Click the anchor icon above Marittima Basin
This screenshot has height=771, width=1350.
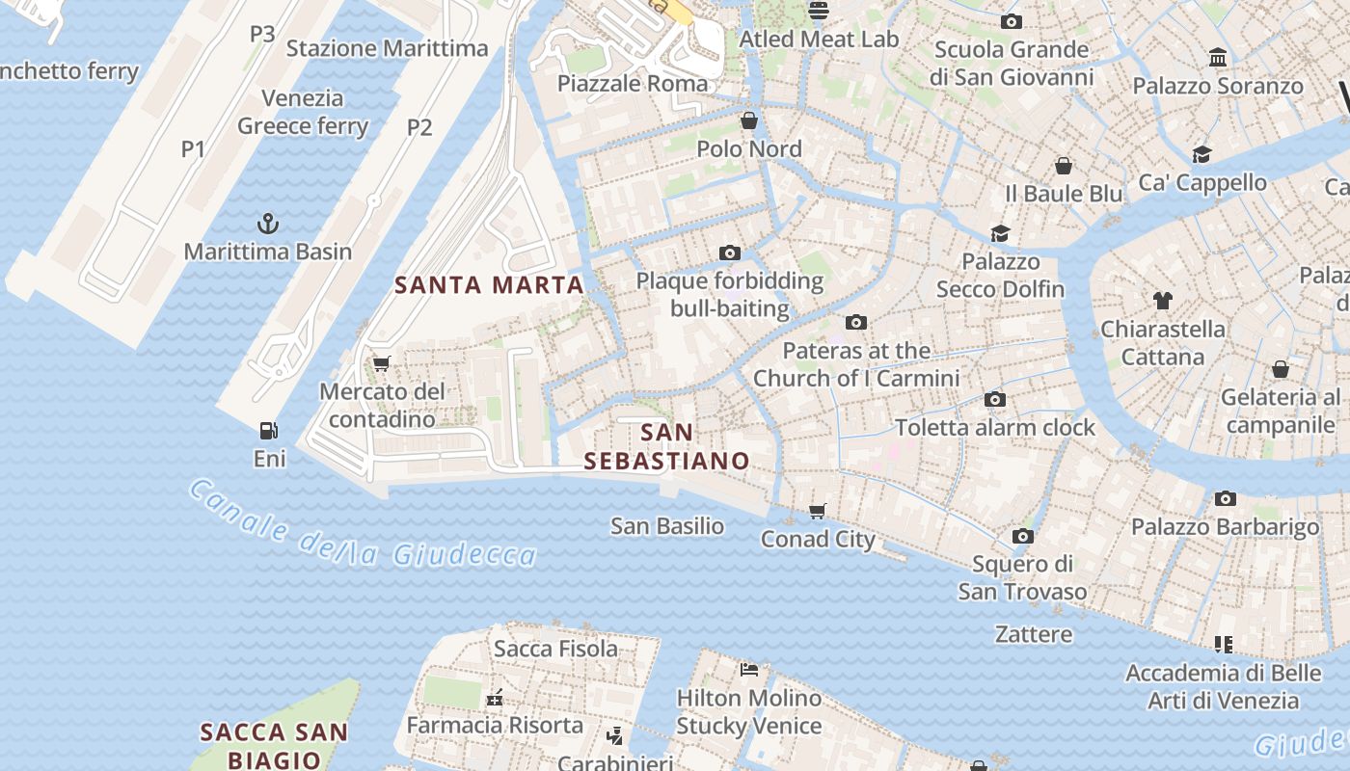267,225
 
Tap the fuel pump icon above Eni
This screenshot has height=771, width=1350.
269,431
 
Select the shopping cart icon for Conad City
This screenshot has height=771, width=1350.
818,511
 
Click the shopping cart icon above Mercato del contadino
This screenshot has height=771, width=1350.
381,363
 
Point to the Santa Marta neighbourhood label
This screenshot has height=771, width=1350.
490,285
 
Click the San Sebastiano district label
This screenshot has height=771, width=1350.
666,447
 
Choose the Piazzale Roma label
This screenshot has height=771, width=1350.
633,84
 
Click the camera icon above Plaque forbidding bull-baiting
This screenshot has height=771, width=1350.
730,253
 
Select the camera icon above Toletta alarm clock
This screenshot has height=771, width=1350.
995,399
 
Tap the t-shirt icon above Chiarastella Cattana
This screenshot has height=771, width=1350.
1163,301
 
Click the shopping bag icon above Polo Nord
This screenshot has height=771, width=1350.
749,120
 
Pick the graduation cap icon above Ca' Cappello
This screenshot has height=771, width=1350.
1201,154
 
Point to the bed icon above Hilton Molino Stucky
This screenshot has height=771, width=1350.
749,669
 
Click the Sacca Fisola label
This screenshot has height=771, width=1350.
556,649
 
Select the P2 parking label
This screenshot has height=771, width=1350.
419,127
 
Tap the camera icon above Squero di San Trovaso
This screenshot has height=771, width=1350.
1023,536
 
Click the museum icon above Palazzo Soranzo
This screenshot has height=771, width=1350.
1218,58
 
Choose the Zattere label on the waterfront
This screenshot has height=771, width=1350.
1034,634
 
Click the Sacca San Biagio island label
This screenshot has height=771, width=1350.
274,746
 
